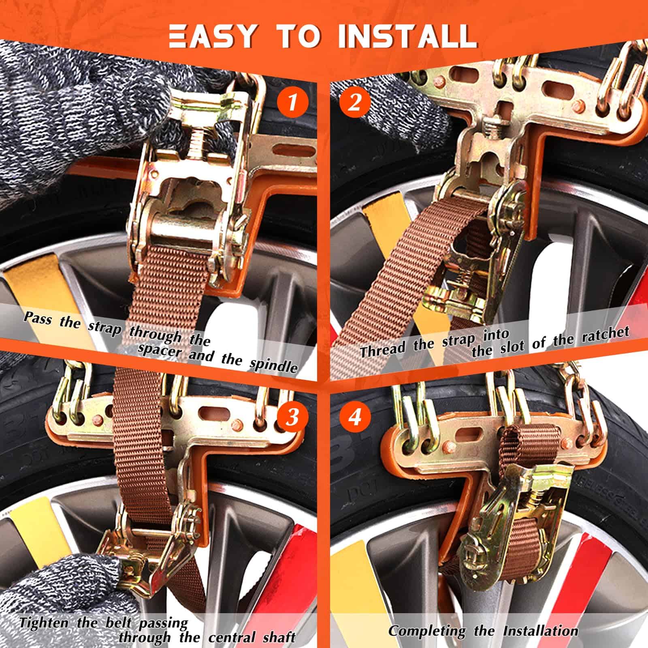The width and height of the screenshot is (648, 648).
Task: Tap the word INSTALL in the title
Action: (407, 36)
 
